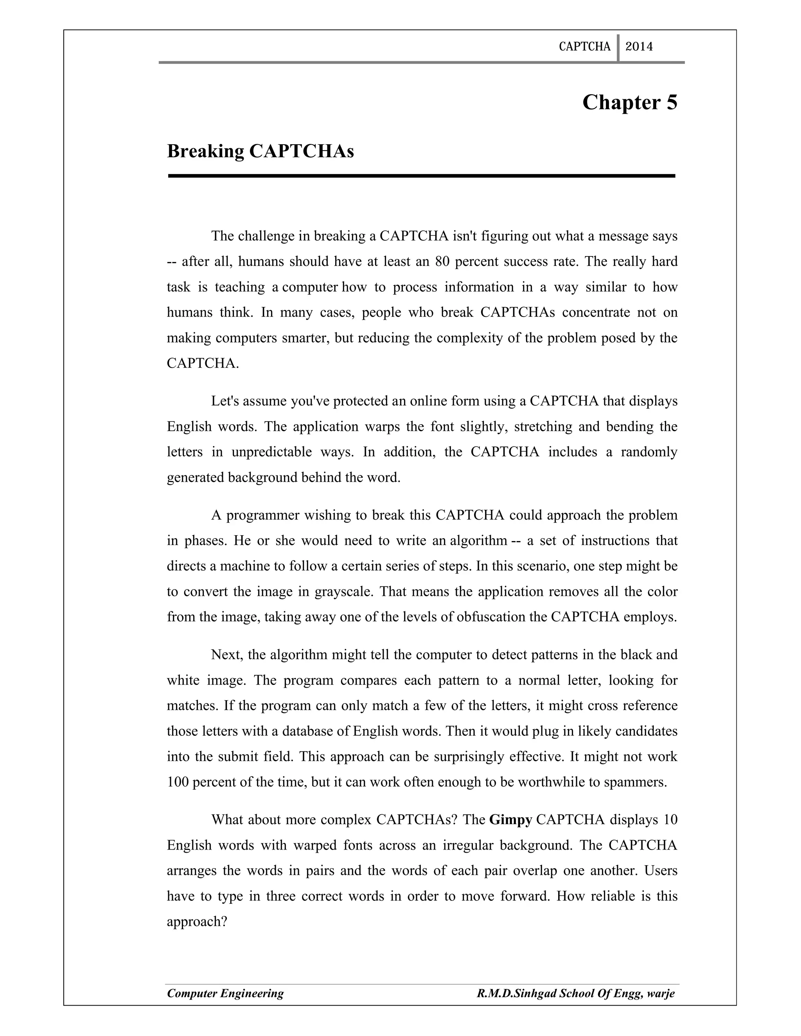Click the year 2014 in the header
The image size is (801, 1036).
pyautogui.click(x=639, y=47)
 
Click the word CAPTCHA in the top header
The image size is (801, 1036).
pyautogui.click(x=584, y=47)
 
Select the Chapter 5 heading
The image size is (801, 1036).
pyautogui.click(x=630, y=102)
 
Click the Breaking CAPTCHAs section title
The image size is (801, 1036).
pyautogui.click(x=260, y=151)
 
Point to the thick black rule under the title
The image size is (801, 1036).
pyautogui.click(x=421, y=176)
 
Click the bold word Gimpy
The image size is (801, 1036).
pyautogui.click(x=510, y=820)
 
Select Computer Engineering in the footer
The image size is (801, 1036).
pyautogui.click(x=225, y=993)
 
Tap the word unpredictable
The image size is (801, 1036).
pyautogui.click(x=271, y=452)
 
